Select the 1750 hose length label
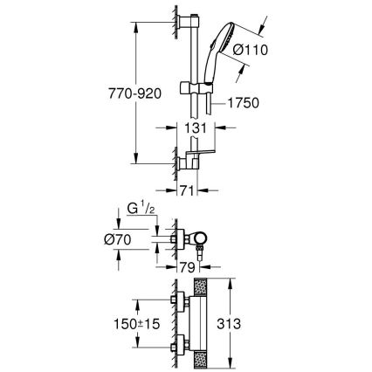pyautogui.click(x=249, y=102)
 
